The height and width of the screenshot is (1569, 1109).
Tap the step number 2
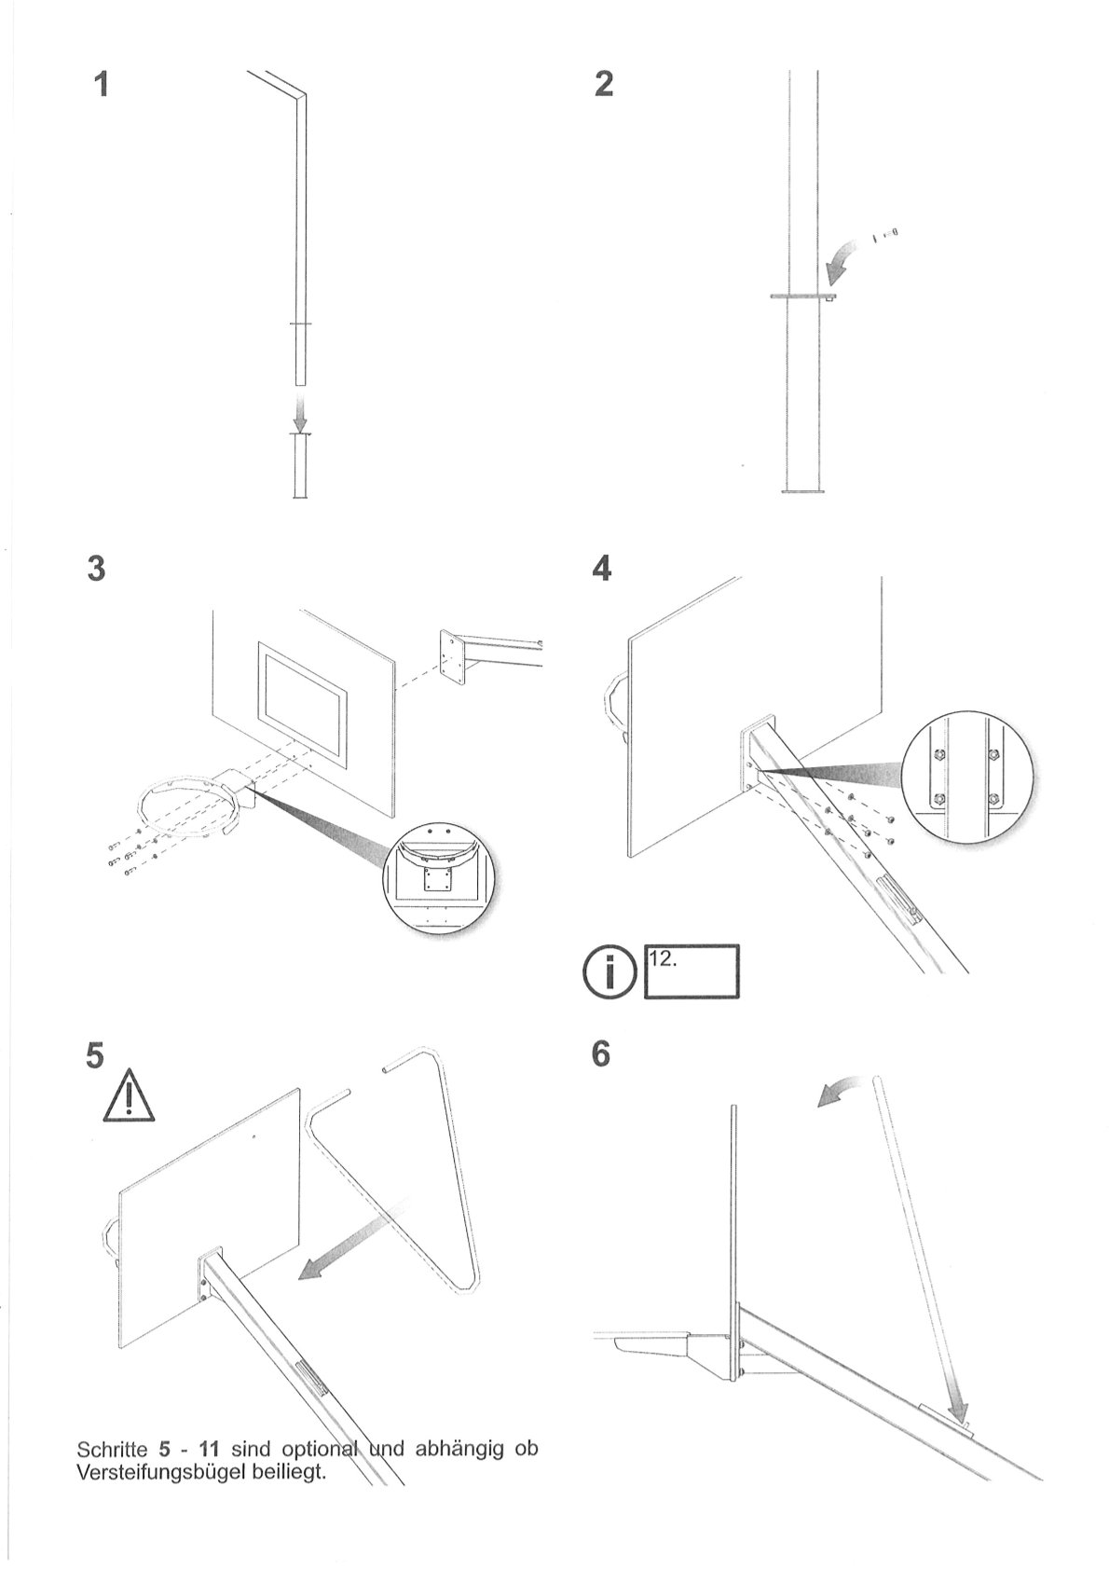[x=604, y=85]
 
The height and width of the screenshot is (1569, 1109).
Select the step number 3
[x=94, y=569]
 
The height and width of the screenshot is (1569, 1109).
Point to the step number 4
[x=602, y=568]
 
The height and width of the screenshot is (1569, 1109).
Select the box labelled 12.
[x=691, y=971]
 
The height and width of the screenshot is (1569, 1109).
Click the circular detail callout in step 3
[x=438, y=878]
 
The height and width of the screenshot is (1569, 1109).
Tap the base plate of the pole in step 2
[x=803, y=490]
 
